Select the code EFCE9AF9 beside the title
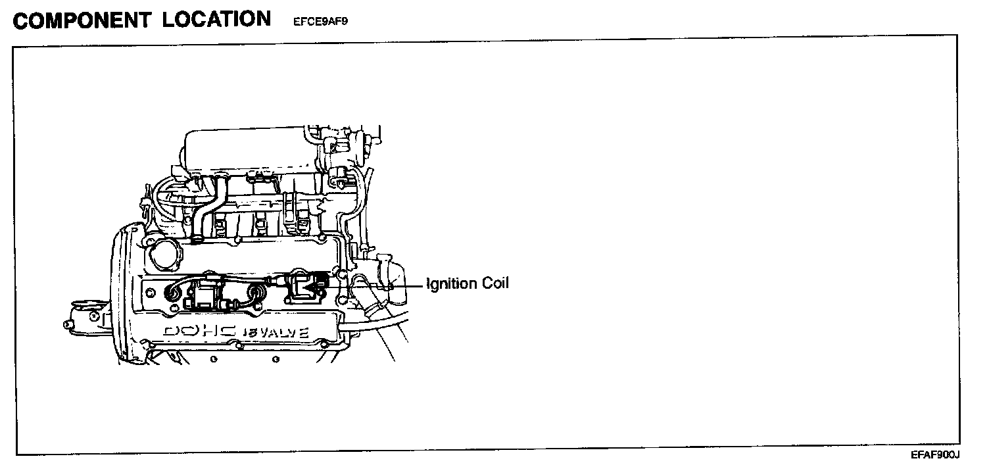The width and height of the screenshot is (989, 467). (322, 21)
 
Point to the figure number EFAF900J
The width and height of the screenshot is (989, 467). (936, 455)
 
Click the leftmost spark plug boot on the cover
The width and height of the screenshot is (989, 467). (176, 290)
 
